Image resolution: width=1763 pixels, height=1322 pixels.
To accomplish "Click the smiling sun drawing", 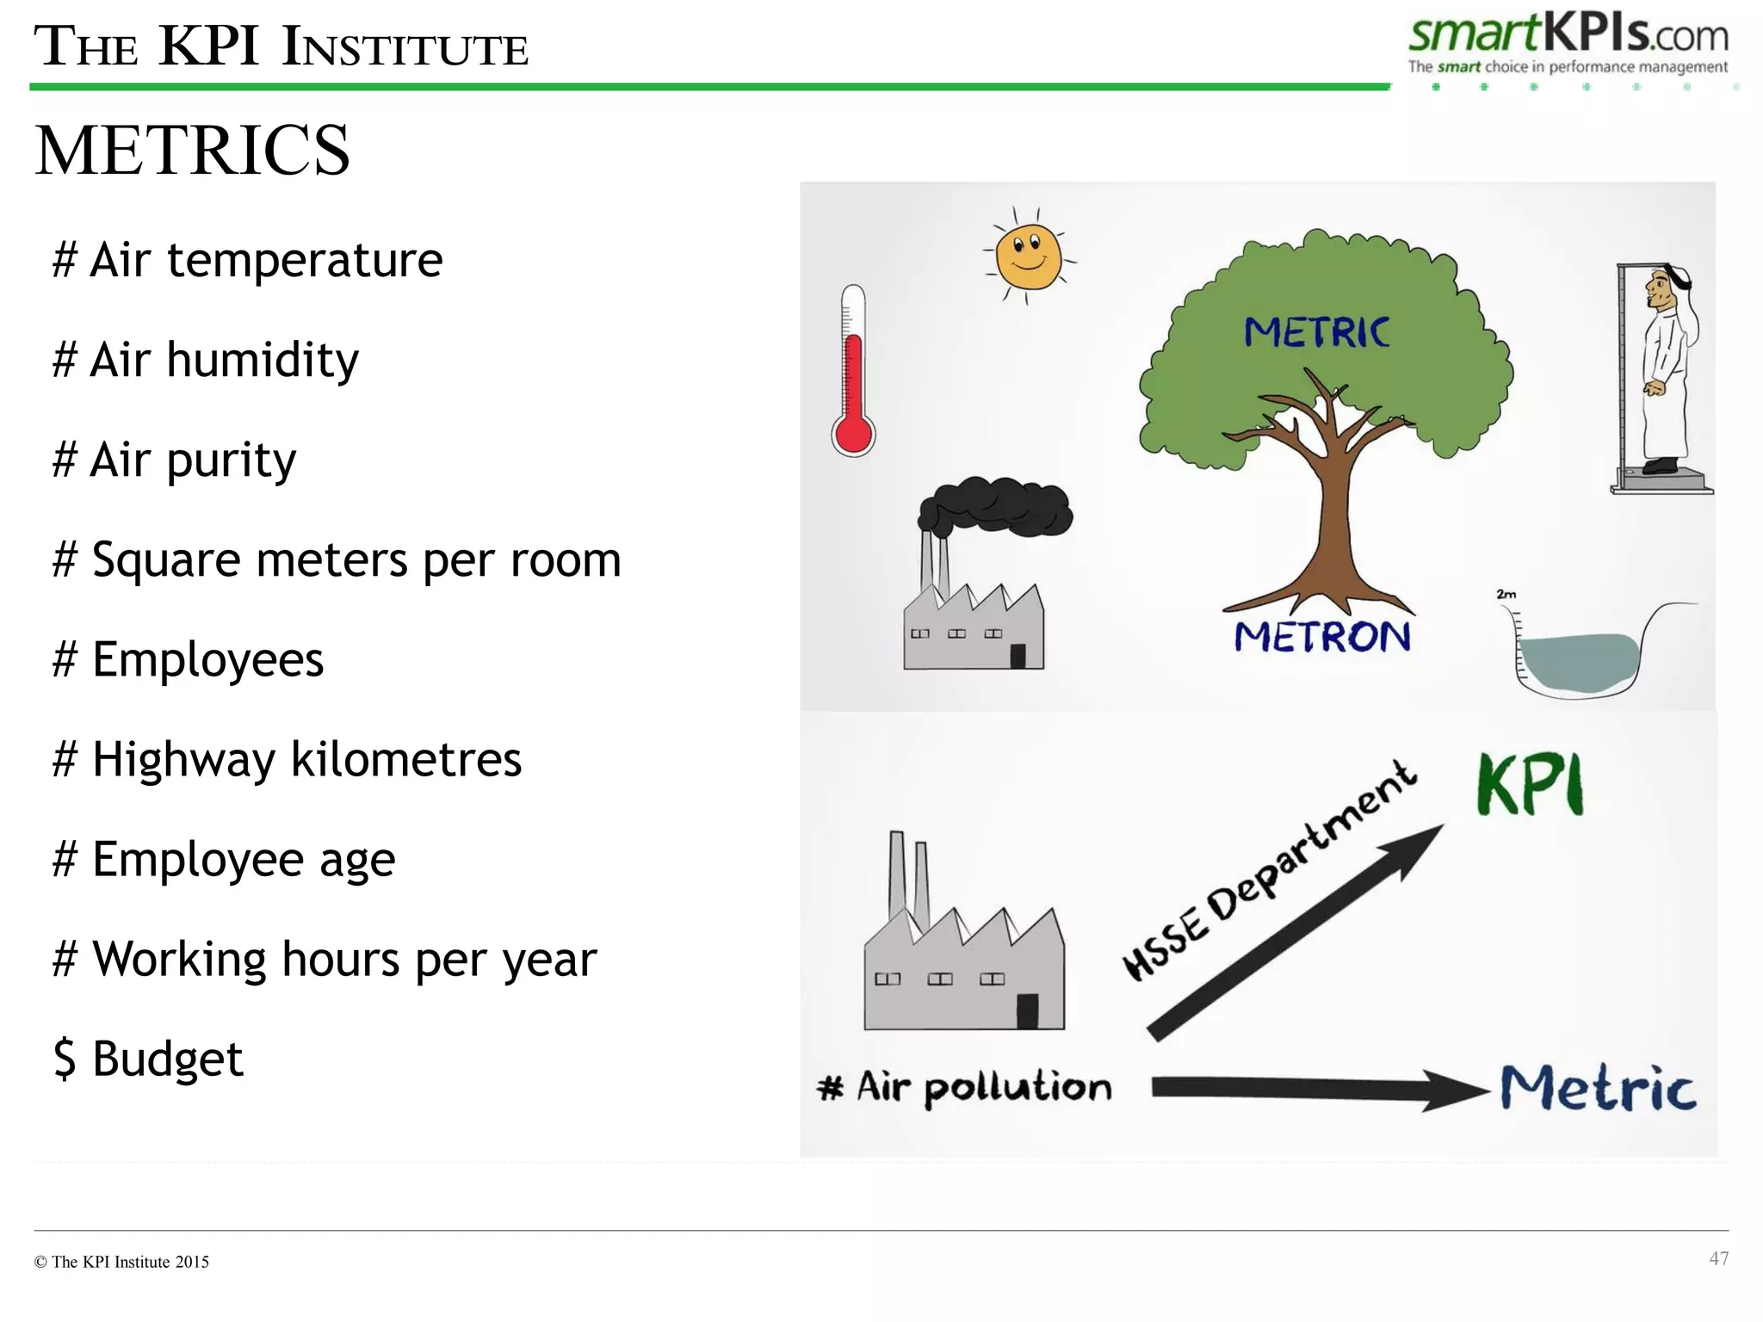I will pos(1028,256).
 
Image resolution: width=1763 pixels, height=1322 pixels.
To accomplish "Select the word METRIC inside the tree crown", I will pos(1316,332).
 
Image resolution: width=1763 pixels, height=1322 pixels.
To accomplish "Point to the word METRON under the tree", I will pos(1321,638).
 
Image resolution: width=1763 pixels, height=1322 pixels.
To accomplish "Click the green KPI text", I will pos(1530,784).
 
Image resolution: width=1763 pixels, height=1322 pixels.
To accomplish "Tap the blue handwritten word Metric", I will pos(1598,1088).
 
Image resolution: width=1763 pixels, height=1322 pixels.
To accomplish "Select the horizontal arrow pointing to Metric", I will pos(1317,1090).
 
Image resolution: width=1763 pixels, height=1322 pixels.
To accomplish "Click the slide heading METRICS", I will pos(192,151).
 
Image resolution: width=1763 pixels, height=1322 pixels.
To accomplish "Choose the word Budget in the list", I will pos(168,1059).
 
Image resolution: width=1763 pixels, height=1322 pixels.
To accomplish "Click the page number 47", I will pos(1718,1258).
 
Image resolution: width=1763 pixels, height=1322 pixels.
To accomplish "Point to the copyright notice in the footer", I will pos(121,1262).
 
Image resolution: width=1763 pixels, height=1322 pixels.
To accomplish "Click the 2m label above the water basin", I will pos(1506,594).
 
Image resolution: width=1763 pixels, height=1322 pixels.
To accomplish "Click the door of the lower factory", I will pos(1027,1010).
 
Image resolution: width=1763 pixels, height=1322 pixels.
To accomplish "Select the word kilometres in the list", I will pos(405,759).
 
